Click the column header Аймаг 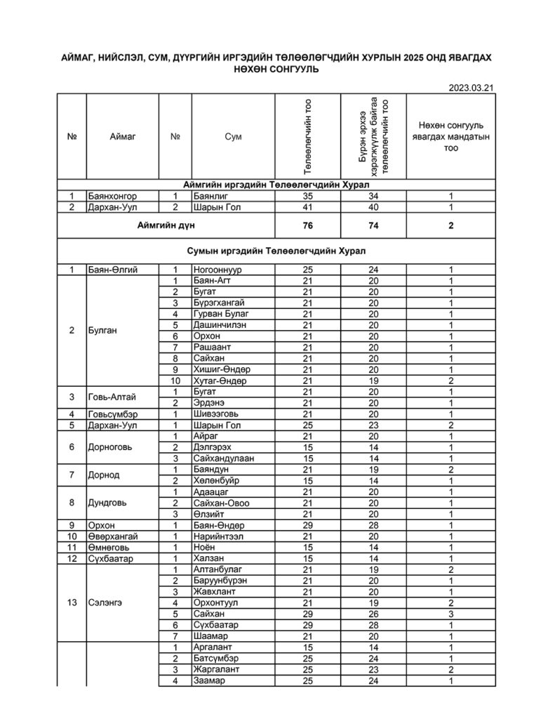[121, 136]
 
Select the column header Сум [234, 136]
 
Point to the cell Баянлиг [210, 197]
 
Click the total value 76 [308, 225]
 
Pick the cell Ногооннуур [218, 270]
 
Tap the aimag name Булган [102, 331]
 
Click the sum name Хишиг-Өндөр [221, 369]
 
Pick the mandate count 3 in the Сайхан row [451, 614]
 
